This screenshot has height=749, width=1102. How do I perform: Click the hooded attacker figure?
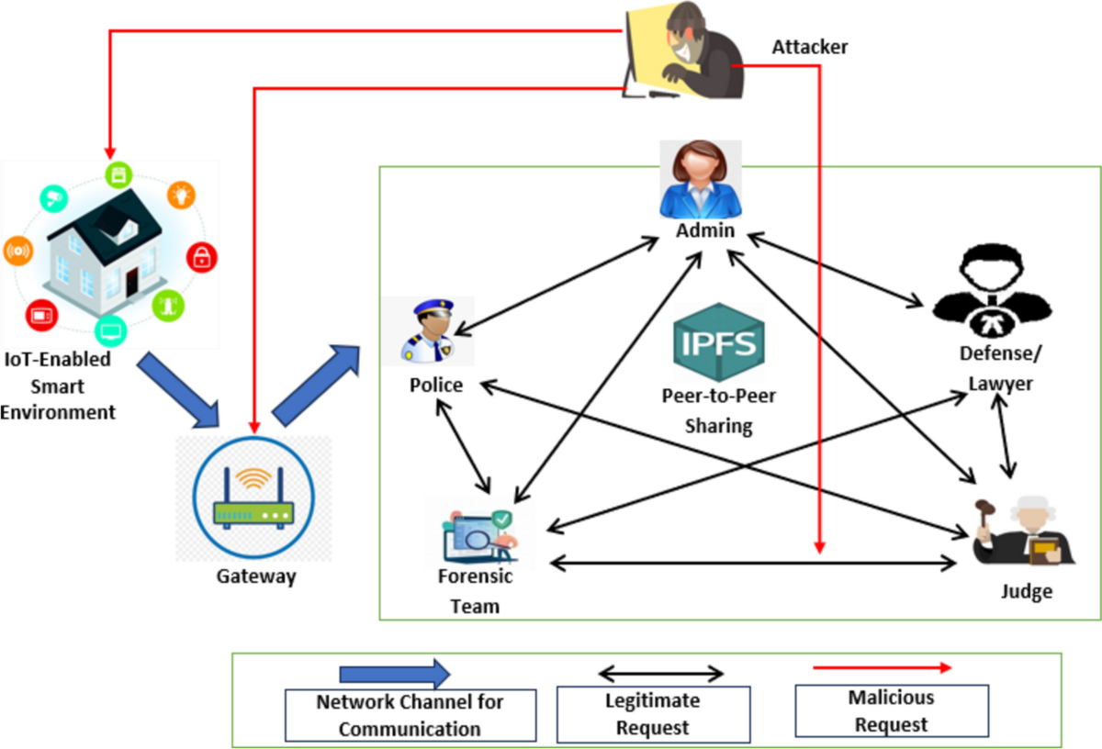pos(684,52)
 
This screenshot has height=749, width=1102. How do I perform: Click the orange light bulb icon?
pos(180,195)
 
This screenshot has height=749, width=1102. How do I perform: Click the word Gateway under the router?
pos(256,576)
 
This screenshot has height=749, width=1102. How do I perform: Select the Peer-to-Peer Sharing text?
pos(706,411)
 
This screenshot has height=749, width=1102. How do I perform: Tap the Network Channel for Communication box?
pos(410,715)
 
